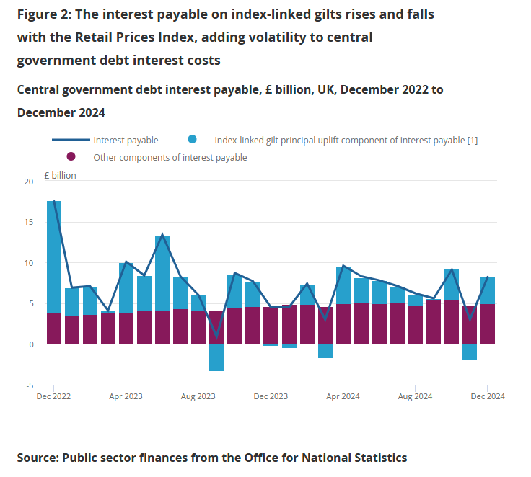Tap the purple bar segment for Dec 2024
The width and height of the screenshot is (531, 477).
(x=487, y=324)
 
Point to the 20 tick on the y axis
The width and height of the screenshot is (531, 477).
(x=29, y=182)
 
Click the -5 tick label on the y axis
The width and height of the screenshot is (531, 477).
(x=29, y=385)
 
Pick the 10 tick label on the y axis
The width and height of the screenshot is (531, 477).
(x=29, y=263)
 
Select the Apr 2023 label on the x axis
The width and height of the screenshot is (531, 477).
(x=126, y=396)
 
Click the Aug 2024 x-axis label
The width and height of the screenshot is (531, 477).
(x=415, y=396)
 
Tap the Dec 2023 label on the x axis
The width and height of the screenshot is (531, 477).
(x=270, y=396)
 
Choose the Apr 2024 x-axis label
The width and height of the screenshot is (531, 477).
(x=343, y=396)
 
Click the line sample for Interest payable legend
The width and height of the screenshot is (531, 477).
(x=70, y=141)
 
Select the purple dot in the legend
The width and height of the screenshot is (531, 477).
(x=71, y=157)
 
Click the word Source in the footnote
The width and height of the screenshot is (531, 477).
(x=36, y=458)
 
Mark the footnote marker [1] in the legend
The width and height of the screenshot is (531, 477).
(x=472, y=141)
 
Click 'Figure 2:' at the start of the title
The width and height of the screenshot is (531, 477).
(x=45, y=14)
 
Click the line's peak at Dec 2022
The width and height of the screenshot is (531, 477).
(x=54, y=202)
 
